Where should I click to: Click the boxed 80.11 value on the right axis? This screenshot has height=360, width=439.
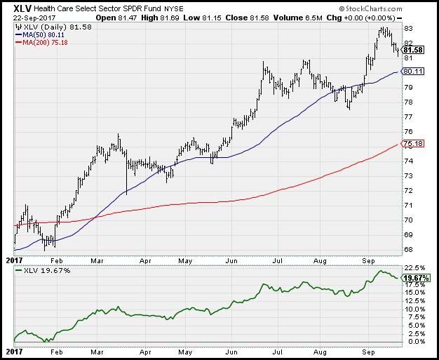pos(412,72)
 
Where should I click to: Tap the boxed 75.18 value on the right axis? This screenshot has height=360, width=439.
pos(412,145)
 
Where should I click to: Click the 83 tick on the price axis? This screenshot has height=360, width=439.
pos(407,28)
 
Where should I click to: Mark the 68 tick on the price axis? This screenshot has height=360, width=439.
pos(407,249)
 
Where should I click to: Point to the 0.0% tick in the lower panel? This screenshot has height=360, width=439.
pos(412,341)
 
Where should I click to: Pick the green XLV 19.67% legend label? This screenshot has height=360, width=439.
pos(42,269)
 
